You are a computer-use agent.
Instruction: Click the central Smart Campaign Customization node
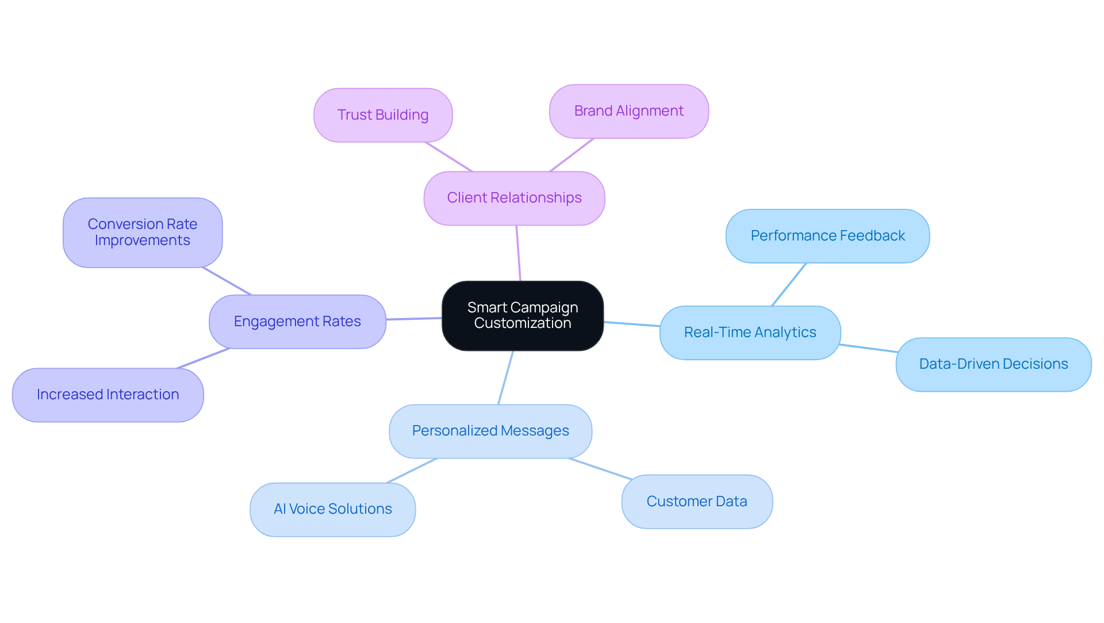coord(522,316)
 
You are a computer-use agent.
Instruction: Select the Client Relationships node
coord(514,198)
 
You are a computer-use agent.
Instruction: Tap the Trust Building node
coord(383,115)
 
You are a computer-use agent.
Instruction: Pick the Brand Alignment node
coord(628,112)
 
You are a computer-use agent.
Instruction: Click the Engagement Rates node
coord(297,322)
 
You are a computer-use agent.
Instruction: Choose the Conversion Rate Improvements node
coord(143,232)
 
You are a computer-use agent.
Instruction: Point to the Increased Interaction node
coord(108,395)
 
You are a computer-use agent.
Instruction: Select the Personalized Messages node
coord(490,431)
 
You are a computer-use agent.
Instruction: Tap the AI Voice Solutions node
coord(332,509)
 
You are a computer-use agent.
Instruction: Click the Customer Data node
coord(696,502)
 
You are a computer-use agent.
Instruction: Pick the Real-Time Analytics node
coord(750,332)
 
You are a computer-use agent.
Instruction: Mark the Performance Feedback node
coord(827,236)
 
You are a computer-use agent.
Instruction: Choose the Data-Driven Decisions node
coord(993,364)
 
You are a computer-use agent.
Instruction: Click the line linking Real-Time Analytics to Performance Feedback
coord(789,284)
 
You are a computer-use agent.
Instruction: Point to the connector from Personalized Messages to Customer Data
coord(600,468)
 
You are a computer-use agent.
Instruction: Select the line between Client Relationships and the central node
coord(518,253)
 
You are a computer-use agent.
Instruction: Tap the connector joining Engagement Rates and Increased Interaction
coord(204,358)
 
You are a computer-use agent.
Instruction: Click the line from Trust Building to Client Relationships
coord(448,156)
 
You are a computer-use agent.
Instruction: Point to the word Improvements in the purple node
coord(143,240)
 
